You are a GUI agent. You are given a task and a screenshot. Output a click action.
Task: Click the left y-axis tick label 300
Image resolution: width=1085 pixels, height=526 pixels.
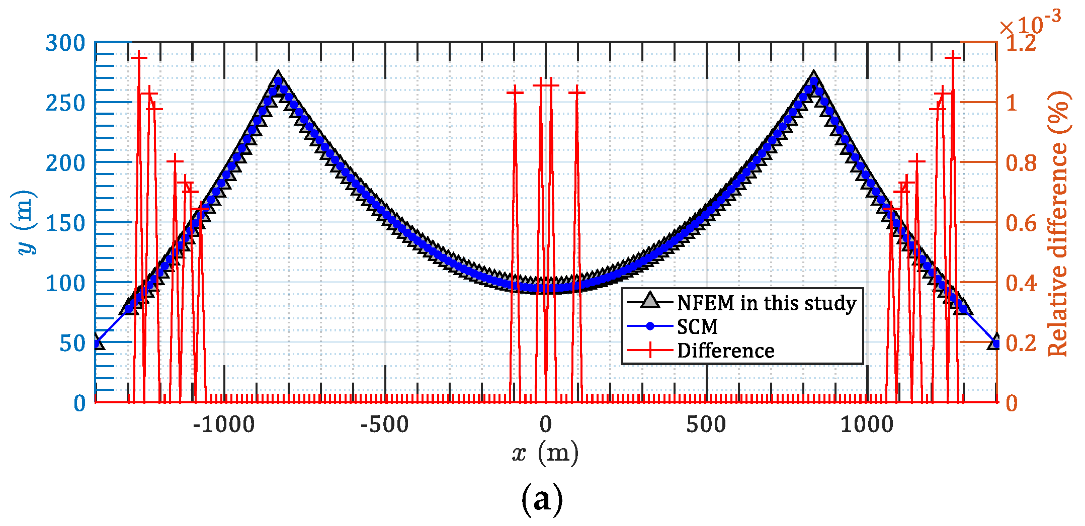(x=65, y=43)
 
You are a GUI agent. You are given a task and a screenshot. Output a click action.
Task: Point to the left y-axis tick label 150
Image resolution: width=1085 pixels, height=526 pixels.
(x=65, y=223)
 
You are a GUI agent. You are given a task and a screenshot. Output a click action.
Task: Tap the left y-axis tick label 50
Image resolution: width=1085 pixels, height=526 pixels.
(x=72, y=343)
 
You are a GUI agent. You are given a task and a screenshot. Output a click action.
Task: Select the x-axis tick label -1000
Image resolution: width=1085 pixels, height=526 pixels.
(x=224, y=425)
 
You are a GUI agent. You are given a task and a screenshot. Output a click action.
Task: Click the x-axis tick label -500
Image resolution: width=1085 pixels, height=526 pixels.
(x=385, y=425)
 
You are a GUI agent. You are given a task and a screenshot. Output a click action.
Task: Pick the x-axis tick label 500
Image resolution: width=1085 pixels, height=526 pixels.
(x=706, y=425)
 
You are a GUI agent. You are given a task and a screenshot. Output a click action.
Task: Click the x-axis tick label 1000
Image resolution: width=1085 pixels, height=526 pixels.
(x=867, y=425)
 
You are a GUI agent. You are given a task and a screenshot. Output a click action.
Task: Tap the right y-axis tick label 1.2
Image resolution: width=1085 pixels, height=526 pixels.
(x=1021, y=43)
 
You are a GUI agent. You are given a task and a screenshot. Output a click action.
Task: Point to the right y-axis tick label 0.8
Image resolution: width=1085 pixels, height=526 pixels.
(x=1021, y=163)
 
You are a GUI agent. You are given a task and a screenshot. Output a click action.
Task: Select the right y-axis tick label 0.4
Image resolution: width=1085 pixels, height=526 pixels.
(x=1021, y=283)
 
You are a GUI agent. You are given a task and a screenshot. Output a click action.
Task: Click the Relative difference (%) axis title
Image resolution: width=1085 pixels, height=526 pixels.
(x=1059, y=223)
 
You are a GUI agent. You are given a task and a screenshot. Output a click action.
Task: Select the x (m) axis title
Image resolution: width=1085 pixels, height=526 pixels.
(x=545, y=453)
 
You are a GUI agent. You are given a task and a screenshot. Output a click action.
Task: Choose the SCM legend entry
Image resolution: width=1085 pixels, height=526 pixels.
(x=697, y=327)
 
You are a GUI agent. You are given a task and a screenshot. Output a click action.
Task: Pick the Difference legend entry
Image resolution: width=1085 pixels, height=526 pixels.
(x=725, y=350)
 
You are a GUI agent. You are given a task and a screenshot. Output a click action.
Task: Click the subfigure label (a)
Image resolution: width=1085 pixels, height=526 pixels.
(x=542, y=500)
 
